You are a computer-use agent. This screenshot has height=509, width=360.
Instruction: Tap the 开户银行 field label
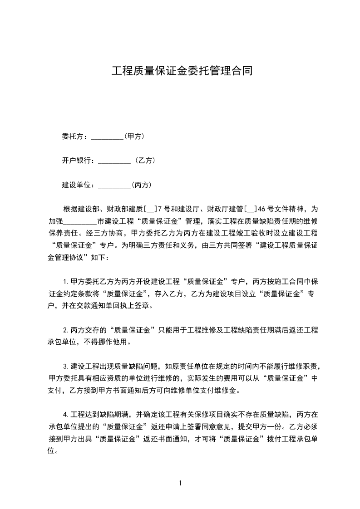[x=78, y=160]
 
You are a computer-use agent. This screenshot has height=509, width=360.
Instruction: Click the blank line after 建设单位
[x=114, y=185]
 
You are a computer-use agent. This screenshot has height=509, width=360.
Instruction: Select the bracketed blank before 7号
[x=150, y=210]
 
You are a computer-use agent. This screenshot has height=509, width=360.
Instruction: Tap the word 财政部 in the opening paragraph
[x=117, y=209]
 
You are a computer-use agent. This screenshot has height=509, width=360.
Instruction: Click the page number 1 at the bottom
[x=180, y=483]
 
